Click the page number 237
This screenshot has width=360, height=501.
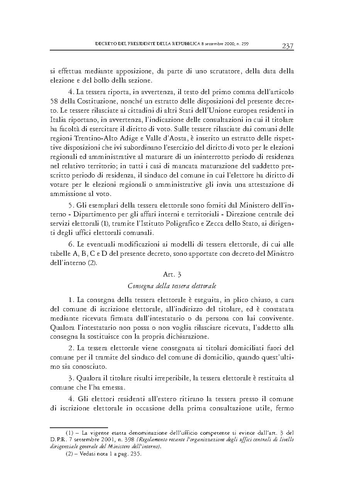pos(287,46)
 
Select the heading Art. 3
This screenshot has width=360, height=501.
pos(172,275)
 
